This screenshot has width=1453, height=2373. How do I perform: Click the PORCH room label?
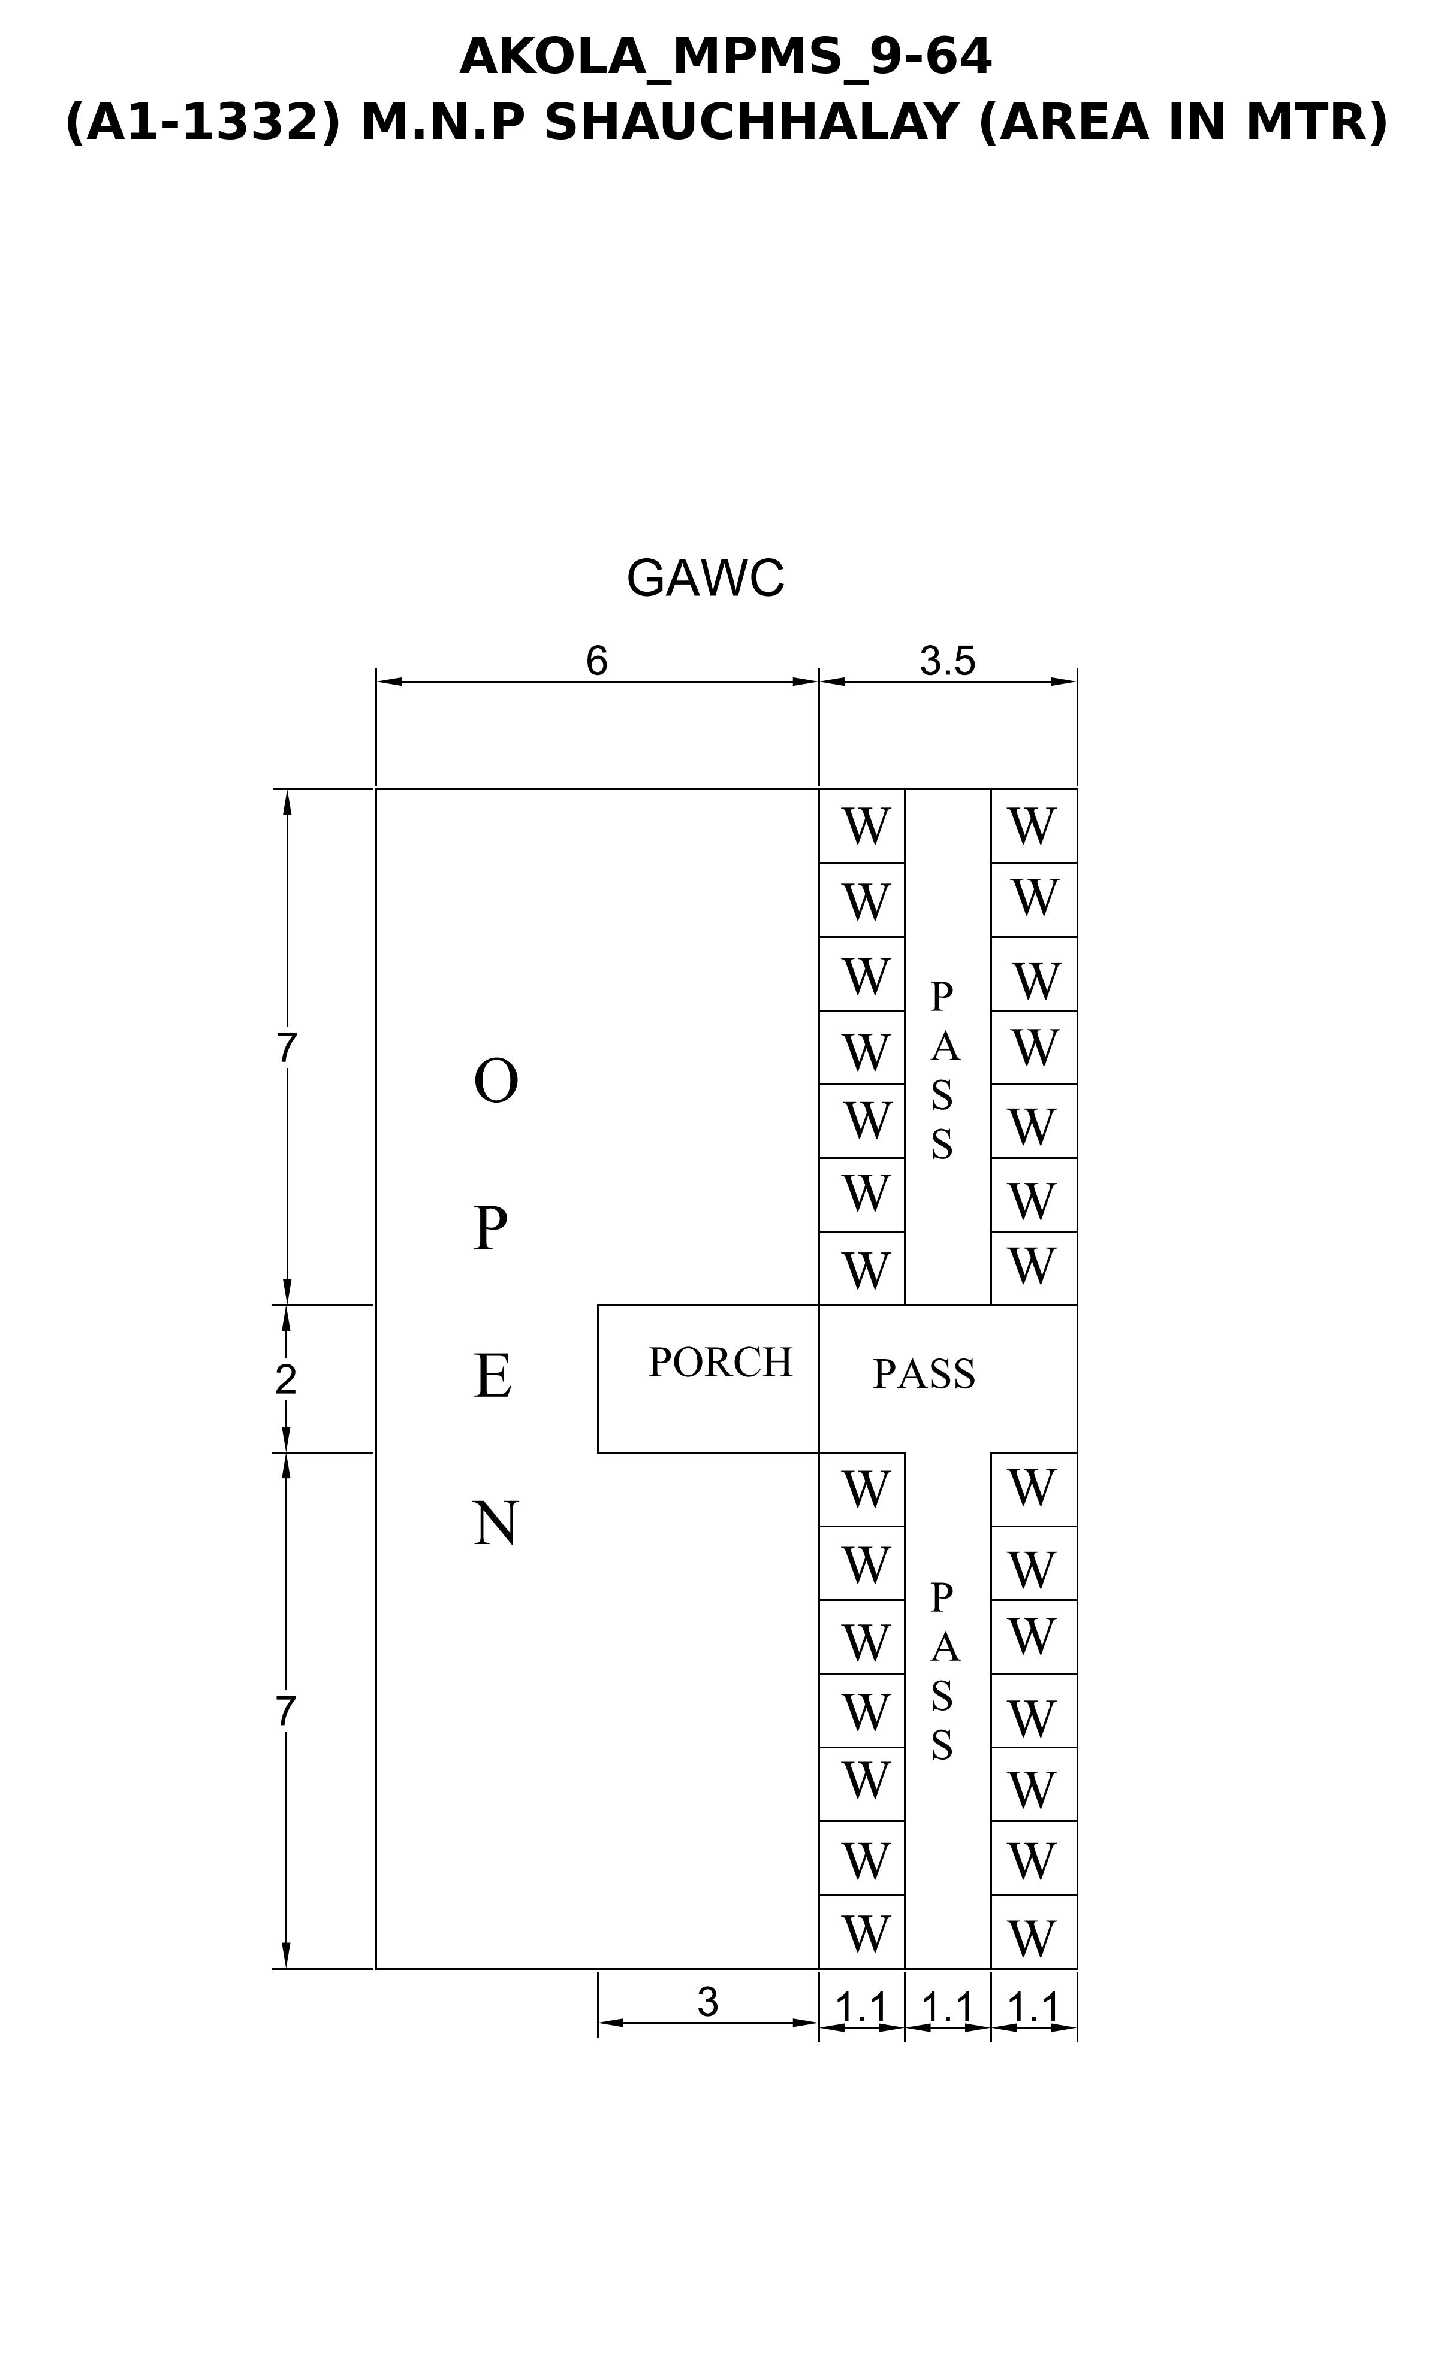(x=720, y=1362)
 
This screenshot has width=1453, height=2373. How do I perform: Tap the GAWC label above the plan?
(x=706, y=578)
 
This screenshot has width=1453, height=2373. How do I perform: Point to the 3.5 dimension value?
(x=947, y=661)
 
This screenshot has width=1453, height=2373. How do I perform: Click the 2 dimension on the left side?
(x=285, y=1380)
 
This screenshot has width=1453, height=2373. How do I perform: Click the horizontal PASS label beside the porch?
(x=924, y=1373)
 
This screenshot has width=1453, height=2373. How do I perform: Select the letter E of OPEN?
(x=492, y=1376)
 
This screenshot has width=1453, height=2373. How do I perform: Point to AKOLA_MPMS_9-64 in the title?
(x=725, y=57)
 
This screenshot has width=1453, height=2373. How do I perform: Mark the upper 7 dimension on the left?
(x=286, y=1048)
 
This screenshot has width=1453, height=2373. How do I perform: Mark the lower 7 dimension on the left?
(x=285, y=1711)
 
